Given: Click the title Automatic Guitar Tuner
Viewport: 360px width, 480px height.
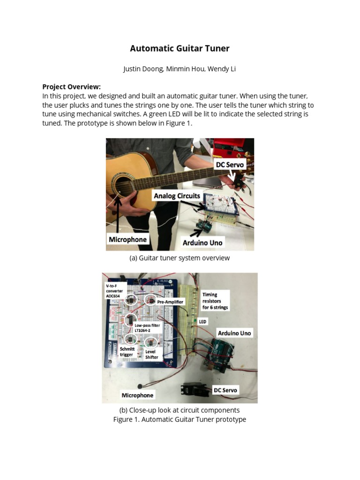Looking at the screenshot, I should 180,48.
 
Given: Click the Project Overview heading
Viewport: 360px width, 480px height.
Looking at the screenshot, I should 71,87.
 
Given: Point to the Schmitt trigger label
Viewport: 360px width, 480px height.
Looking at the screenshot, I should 127,352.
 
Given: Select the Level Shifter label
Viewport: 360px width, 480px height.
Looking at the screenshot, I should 152,354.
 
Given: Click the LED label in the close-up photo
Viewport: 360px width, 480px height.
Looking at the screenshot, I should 202,322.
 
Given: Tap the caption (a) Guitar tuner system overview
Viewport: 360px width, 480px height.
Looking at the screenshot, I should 180,258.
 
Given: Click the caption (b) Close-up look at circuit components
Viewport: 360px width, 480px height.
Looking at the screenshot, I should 180,410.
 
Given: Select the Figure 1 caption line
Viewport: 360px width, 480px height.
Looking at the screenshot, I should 180,420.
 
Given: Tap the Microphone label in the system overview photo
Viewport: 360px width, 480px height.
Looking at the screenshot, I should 127,240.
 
